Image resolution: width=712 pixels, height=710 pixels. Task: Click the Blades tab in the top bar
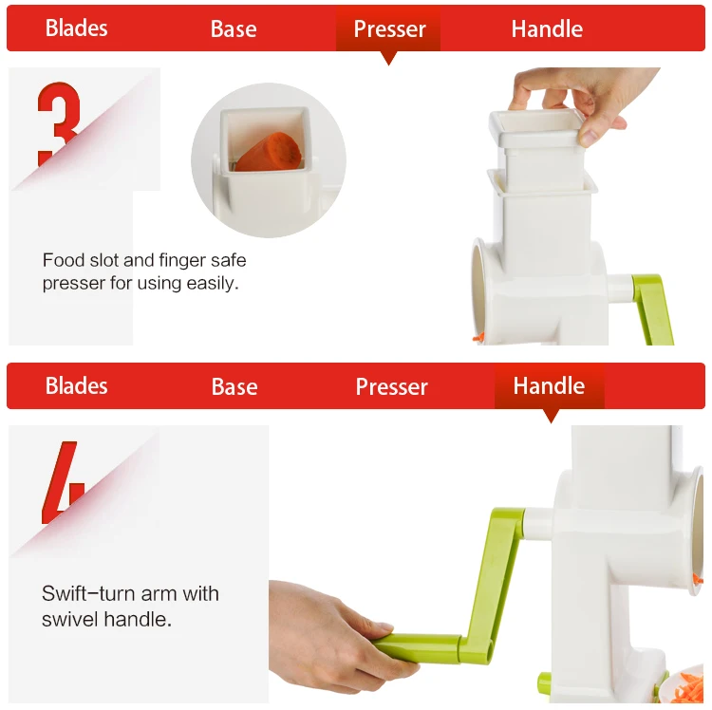click(x=77, y=28)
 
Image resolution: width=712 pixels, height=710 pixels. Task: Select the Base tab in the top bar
click(x=234, y=29)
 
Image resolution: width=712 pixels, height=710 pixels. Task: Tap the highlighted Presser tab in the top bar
click(x=388, y=29)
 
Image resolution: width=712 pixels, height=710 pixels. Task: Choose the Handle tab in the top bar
click(x=547, y=29)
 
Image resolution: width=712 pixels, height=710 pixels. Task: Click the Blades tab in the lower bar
click(x=77, y=386)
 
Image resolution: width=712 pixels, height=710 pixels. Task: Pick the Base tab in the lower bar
click(x=234, y=387)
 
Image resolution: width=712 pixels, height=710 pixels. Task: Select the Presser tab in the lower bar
click(x=392, y=387)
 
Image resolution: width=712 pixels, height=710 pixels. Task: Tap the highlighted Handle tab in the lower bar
click(x=549, y=386)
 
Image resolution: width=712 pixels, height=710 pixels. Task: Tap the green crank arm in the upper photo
click(x=653, y=308)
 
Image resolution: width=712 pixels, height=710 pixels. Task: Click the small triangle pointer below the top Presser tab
click(x=388, y=59)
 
